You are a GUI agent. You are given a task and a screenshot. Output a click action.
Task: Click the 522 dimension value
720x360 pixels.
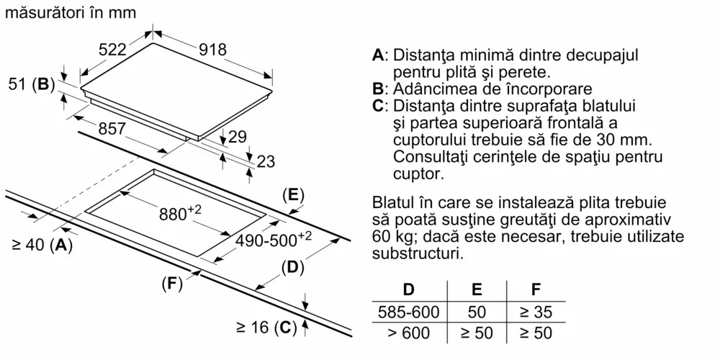pos(112,50)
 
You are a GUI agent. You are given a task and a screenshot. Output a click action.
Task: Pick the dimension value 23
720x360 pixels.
pos(266,162)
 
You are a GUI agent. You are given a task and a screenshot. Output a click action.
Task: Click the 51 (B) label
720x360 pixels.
pos(32,84)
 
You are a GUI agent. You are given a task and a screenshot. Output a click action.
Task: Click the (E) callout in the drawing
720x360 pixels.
pos(293,194)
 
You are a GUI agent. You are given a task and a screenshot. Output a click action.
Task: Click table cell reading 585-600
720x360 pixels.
pos(408,313)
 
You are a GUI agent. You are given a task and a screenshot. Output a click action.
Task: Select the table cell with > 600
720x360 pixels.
pos(408,333)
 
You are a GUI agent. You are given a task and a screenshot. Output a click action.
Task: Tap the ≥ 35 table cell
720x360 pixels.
pos(536,313)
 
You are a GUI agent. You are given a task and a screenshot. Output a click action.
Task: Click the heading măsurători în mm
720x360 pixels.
pos(69,13)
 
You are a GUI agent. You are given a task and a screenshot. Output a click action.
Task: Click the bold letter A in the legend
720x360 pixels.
pos(379,55)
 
